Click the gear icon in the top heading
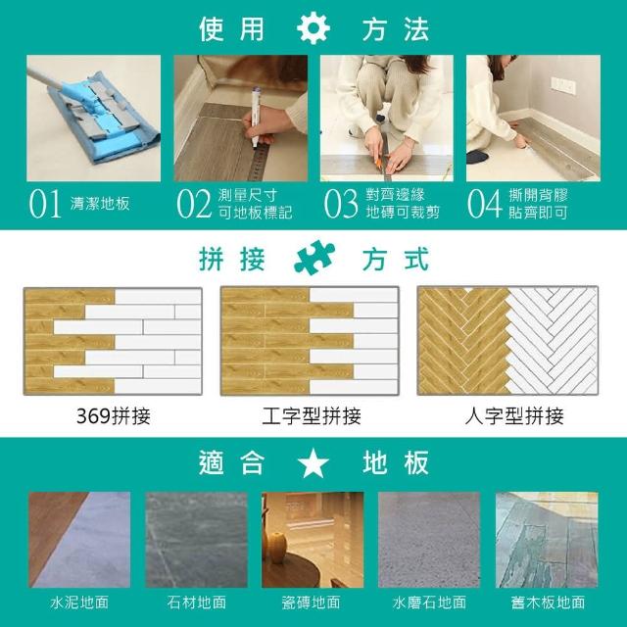313,28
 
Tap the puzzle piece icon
314,258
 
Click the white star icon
313,462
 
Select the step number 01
45,204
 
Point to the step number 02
194,204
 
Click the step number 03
341,204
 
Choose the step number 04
484,204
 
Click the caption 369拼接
114,415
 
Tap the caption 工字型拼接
312,415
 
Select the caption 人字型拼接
514,415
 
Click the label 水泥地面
79,603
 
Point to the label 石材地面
197,603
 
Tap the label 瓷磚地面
312,603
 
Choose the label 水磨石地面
429,603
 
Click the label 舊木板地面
548,603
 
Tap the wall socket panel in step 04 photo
563,85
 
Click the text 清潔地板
100,204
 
